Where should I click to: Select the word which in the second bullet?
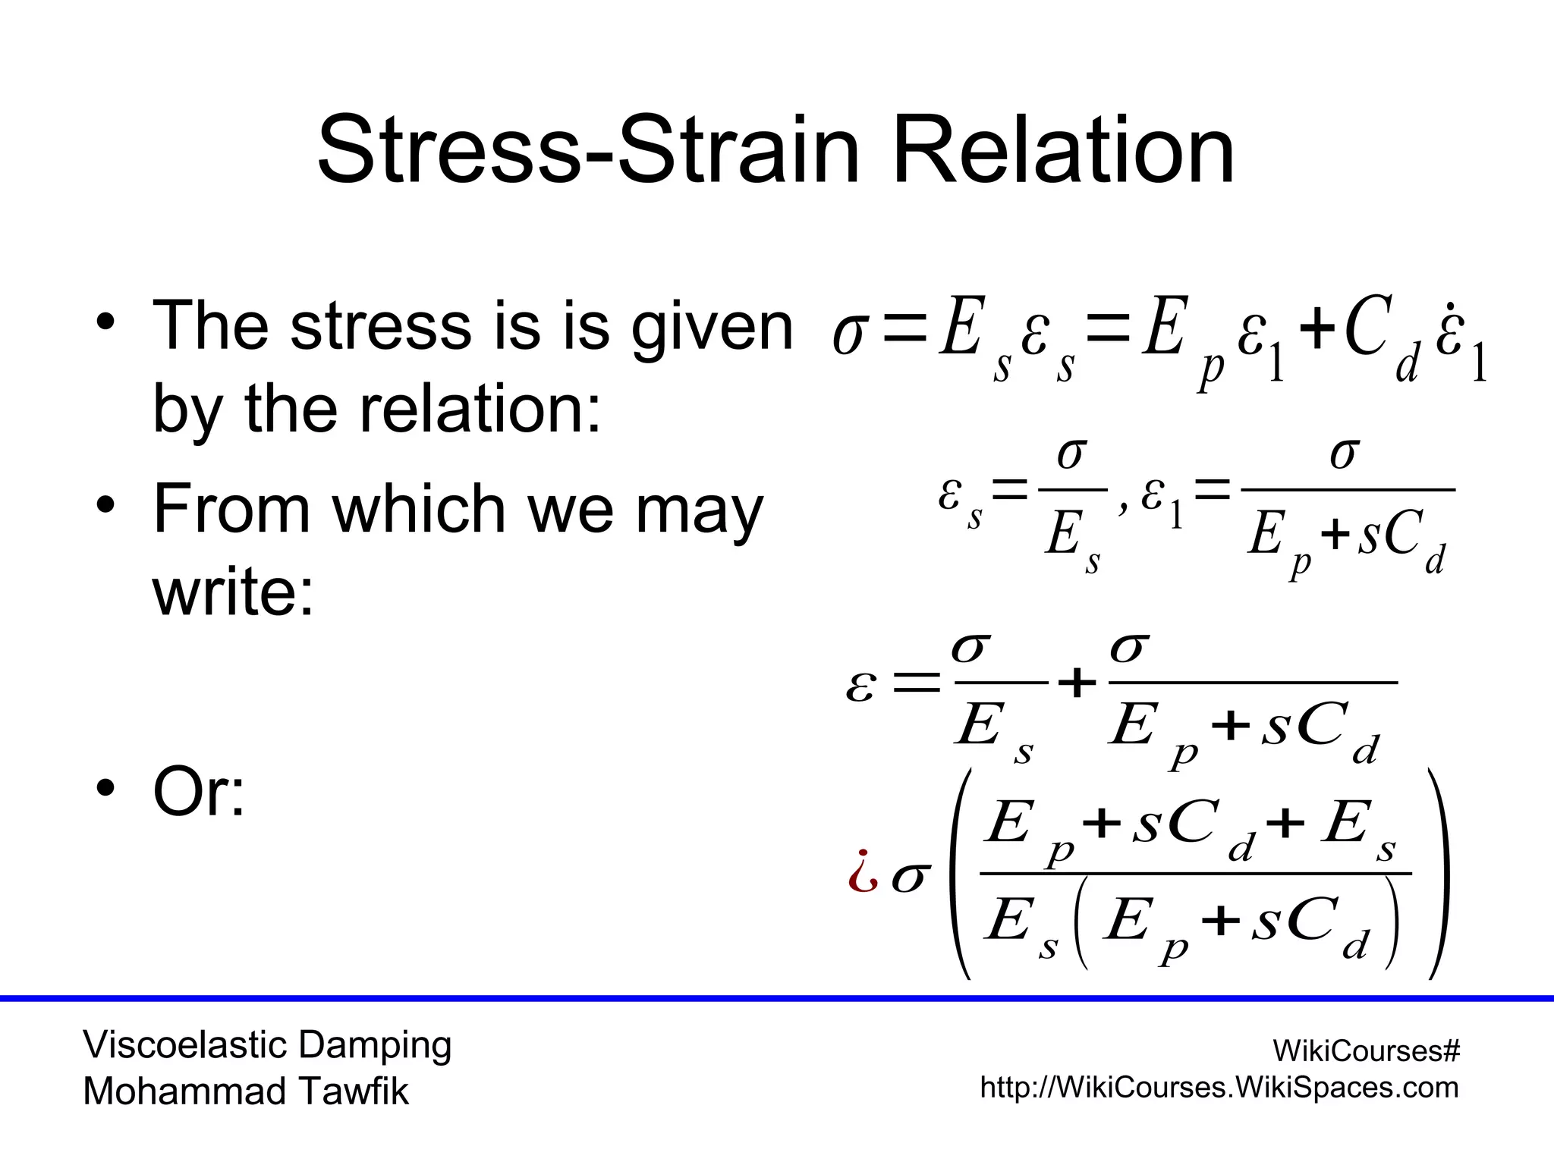pos(418,509)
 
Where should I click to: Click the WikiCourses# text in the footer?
pos(1366,1051)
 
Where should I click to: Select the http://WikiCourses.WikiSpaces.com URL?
pos(1219,1088)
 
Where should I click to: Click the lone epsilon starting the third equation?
pos(861,686)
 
